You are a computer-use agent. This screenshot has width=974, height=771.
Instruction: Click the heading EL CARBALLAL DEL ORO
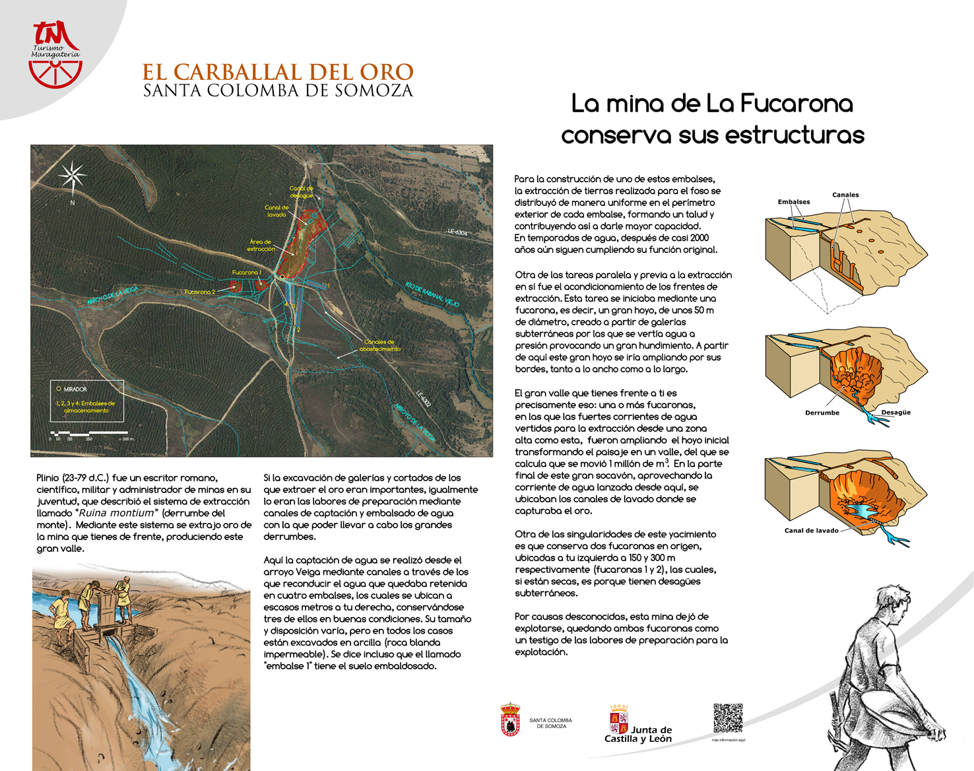coord(278,72)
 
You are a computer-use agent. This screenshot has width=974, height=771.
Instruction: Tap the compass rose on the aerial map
coord(73,176)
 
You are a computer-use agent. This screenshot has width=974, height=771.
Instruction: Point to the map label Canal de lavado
coord(276,211)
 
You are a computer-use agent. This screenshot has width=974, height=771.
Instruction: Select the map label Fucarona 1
coord(246,272)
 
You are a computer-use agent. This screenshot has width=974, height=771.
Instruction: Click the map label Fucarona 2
coord(200,292)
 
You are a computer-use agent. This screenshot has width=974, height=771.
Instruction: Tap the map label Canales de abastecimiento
coord(379,345)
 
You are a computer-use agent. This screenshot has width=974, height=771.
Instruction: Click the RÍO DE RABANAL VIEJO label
coord(432,294)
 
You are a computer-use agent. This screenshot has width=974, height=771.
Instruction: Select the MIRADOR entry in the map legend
coord(75,389)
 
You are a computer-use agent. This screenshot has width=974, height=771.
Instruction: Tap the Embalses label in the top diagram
coord(794,202)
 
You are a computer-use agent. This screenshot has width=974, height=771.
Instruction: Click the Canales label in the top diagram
coord(845,195)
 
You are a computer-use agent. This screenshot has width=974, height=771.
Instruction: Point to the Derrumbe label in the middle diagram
coord(822,413)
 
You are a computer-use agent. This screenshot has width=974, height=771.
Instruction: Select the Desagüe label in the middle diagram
coord(895,413)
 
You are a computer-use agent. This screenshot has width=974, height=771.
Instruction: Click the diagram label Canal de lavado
coord(811,530)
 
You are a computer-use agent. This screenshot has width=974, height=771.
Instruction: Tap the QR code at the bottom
coord(728,718)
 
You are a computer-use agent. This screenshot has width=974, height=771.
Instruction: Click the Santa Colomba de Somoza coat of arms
coord(510,720)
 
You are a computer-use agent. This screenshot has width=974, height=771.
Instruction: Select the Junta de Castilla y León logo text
coord(638,734)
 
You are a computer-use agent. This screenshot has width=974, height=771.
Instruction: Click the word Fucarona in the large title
coord(796,104)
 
